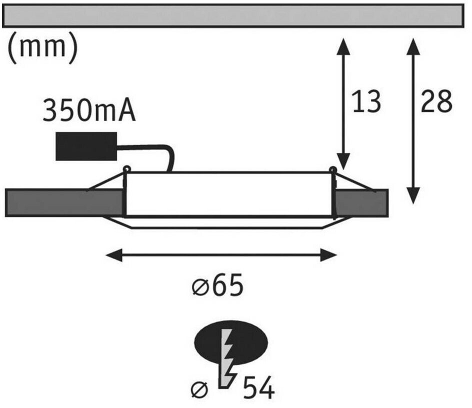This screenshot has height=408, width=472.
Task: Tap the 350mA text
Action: pyautogui.click(x=89, y=111)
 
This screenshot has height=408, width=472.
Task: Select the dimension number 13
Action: pyautogui.click(x=367, y=101)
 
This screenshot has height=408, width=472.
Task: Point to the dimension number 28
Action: pyautogui.click(x=436, y=101)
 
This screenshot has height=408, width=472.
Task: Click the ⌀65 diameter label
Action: pyautogui.click(x=218, y=286)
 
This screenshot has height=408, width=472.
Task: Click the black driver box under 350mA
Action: pyautogui.click(x=86, y=146)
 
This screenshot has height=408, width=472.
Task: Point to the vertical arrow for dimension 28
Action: pyautogui.click(x=412, y=120)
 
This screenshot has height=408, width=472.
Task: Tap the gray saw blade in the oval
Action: pyautogui.click(x=226, y=357)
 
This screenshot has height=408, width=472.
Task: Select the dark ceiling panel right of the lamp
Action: pyautogui.click(x=361, y=202)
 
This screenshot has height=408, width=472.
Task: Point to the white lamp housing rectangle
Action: pyautogui.click(x=229, y=194)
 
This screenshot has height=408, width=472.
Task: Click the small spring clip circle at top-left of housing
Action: pyautogui.click(x=126, y=169)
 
